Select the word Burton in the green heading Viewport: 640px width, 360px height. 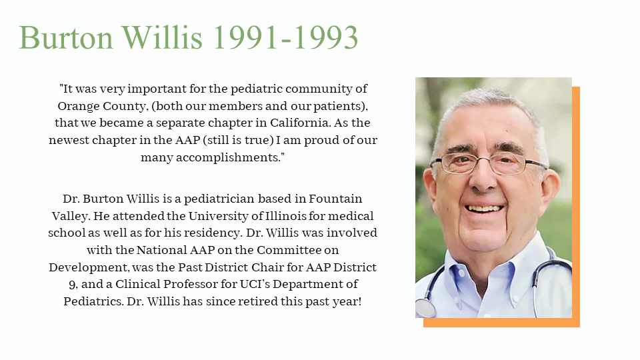tap(66, 37)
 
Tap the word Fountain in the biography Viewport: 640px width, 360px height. tap(335, 199)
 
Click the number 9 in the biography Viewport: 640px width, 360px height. tap(72, 285)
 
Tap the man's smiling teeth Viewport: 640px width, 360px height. tap(484, 209)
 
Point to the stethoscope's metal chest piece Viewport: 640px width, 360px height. tap(425, 308)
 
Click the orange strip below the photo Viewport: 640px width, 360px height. tap(501, 323)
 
